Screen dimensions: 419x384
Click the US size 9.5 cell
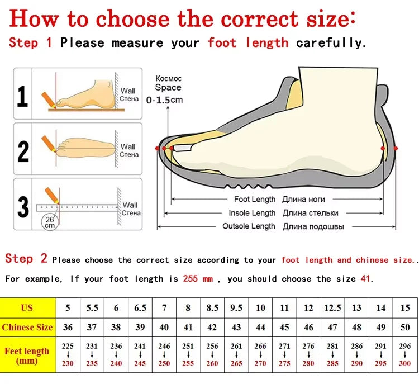tap(236, 308)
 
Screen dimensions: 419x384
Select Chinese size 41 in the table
tap(188, 327)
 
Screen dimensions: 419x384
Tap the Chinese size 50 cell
tap(405, 327)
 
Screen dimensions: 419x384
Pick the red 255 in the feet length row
tap(188, 363)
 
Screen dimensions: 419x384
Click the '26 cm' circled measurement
tap(50, 222)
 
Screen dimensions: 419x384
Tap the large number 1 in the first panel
tap(22, 97)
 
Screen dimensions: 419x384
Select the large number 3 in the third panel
tap(23, 206)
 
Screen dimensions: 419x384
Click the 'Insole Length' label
tap(252, 213)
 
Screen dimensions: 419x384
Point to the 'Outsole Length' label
tap(249, 226)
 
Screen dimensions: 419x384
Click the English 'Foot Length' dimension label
tap(255, 199)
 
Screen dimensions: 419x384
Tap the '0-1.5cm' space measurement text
tap(164, 100)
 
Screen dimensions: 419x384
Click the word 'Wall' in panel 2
tap(128, 146)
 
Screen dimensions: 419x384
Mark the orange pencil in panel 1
tap(49, 99)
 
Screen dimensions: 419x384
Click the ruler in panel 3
tap(77, 208)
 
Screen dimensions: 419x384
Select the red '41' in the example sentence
tap(365, 279)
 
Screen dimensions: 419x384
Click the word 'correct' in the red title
tap(259, 18)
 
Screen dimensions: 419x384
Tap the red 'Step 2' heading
tap(26, 259)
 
